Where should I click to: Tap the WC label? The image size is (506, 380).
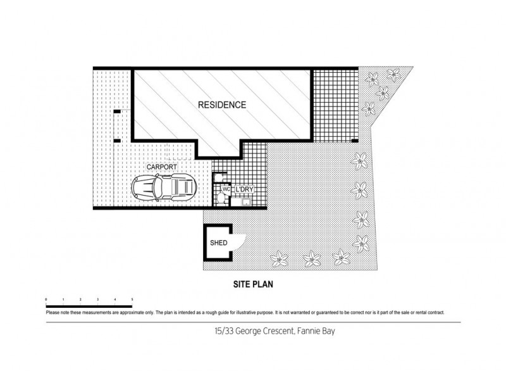(x=225, y=189)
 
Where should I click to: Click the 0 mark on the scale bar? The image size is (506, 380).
(x=47, y=298)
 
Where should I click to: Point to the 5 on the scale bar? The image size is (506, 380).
(x=132, y=298)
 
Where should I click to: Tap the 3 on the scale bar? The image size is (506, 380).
(x=97, y=298)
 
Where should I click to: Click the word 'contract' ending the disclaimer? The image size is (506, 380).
(x=435, y=313)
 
